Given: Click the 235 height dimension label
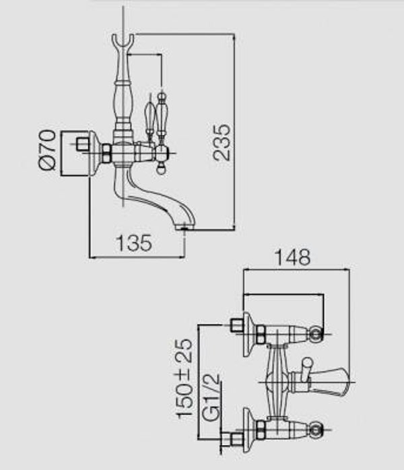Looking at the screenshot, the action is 222,142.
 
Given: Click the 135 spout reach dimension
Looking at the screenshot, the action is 134,243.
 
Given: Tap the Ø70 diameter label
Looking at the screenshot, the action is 47,150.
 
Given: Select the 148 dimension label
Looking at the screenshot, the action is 292,257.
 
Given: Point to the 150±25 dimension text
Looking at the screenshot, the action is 184,378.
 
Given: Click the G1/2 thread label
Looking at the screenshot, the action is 211,399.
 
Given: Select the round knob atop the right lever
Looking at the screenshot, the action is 161,97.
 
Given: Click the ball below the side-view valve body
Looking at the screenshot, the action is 162,170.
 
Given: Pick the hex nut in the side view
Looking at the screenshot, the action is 106,152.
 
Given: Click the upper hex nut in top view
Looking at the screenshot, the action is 261,335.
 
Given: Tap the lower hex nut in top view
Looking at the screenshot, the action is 261,430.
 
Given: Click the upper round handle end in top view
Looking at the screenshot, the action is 316,334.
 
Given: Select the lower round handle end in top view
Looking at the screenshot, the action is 316,430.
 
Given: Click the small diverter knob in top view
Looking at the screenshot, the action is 306,369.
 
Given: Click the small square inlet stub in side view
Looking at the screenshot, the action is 83,144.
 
